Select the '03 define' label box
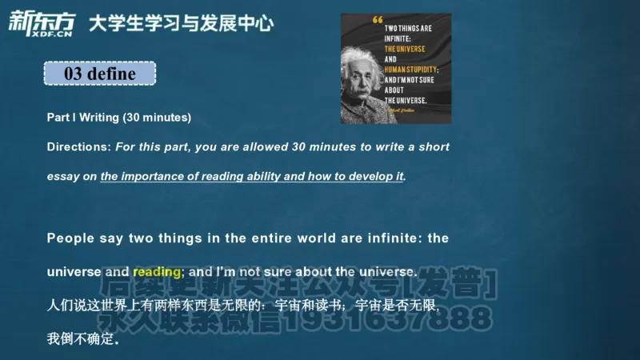99,74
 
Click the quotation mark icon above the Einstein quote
378,20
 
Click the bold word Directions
78,147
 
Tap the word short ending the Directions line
434,147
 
